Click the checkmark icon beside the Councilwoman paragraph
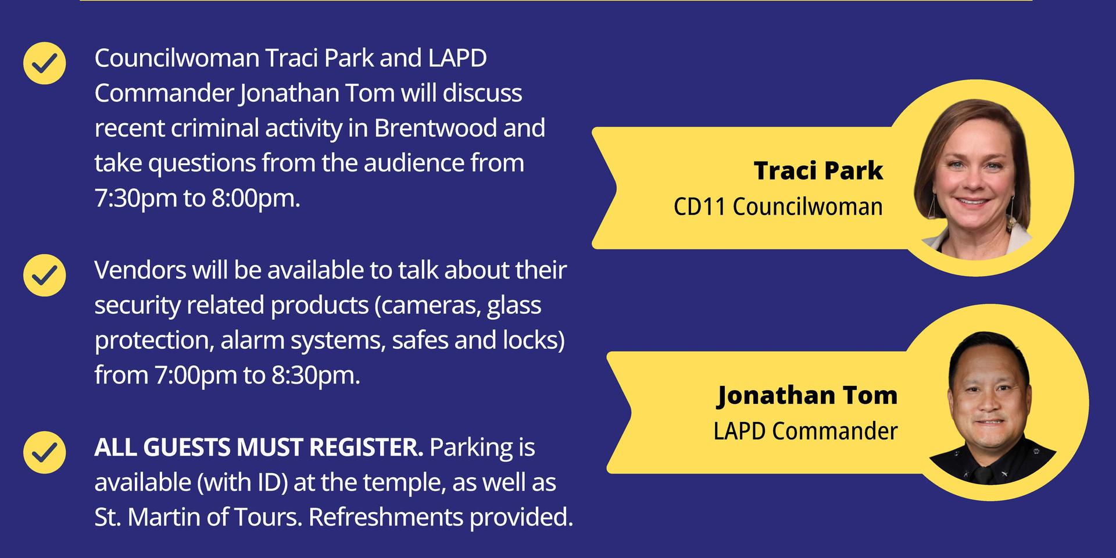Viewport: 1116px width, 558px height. [44, 63]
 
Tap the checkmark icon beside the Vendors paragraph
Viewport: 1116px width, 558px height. [44, 275]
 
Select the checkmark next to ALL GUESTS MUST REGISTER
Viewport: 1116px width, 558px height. [44, 452]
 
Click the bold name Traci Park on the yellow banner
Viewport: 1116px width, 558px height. [818, 170]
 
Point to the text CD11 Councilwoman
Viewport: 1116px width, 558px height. [778, 206]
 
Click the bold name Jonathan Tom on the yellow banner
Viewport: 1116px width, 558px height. [807, 395]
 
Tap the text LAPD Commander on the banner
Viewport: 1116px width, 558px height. [806, 431]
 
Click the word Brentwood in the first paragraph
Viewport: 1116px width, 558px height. [435, 128]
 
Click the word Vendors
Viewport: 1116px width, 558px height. [138, 270]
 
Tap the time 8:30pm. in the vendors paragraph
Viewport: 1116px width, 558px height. [316, 375]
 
